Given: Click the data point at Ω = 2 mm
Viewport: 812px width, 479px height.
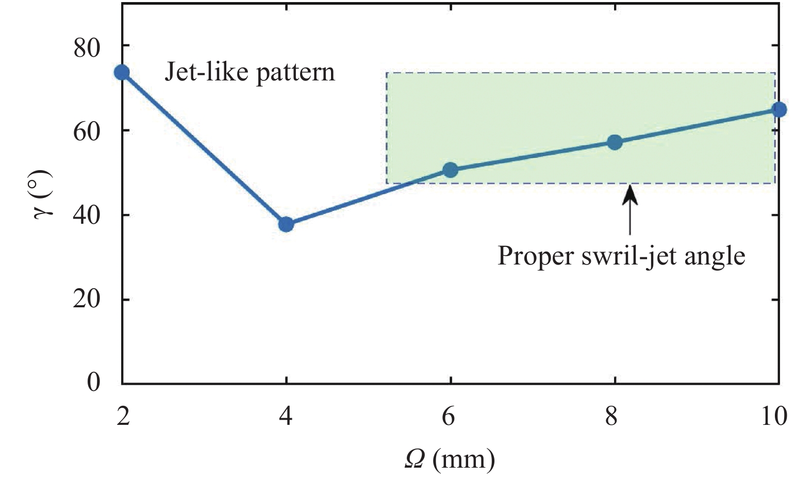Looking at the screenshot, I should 122,72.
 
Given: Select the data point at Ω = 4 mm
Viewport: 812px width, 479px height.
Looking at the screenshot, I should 286,224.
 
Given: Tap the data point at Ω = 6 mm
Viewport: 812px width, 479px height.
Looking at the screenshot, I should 450,170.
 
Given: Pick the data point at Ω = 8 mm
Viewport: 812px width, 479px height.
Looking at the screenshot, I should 615,142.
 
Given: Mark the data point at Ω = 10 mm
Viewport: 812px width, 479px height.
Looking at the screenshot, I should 779,109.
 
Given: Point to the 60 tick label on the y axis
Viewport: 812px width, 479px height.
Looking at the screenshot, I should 87,132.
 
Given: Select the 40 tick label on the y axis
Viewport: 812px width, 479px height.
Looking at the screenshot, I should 87,216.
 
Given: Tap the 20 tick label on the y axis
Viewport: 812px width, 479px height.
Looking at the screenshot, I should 87,300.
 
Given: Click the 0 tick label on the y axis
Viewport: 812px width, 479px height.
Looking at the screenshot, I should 93,382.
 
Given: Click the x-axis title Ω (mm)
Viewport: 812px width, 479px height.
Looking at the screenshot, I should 450,458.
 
